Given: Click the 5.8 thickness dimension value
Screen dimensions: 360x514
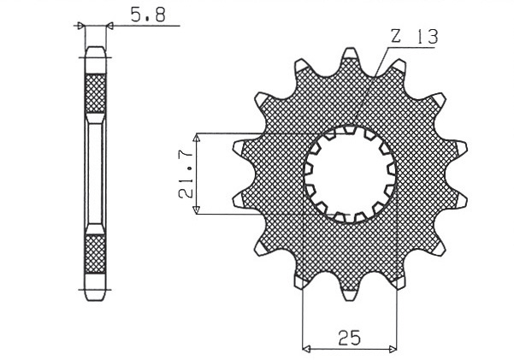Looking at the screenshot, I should coord(142,15).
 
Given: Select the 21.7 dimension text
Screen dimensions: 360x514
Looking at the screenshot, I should coord(185,174).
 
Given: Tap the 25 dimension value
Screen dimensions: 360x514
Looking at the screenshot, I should coord(349,337).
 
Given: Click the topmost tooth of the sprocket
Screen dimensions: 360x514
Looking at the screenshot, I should coord(350,56).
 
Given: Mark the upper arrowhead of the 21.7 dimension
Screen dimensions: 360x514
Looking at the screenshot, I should coord(198,138).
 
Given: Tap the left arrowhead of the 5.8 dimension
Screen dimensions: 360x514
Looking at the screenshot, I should coord(81,27).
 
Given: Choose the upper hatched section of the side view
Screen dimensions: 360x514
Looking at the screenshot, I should coord(95,93).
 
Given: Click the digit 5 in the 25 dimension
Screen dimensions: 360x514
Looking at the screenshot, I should coord(355,337).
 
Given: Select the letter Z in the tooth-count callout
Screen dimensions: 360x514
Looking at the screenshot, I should coord(395,37).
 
